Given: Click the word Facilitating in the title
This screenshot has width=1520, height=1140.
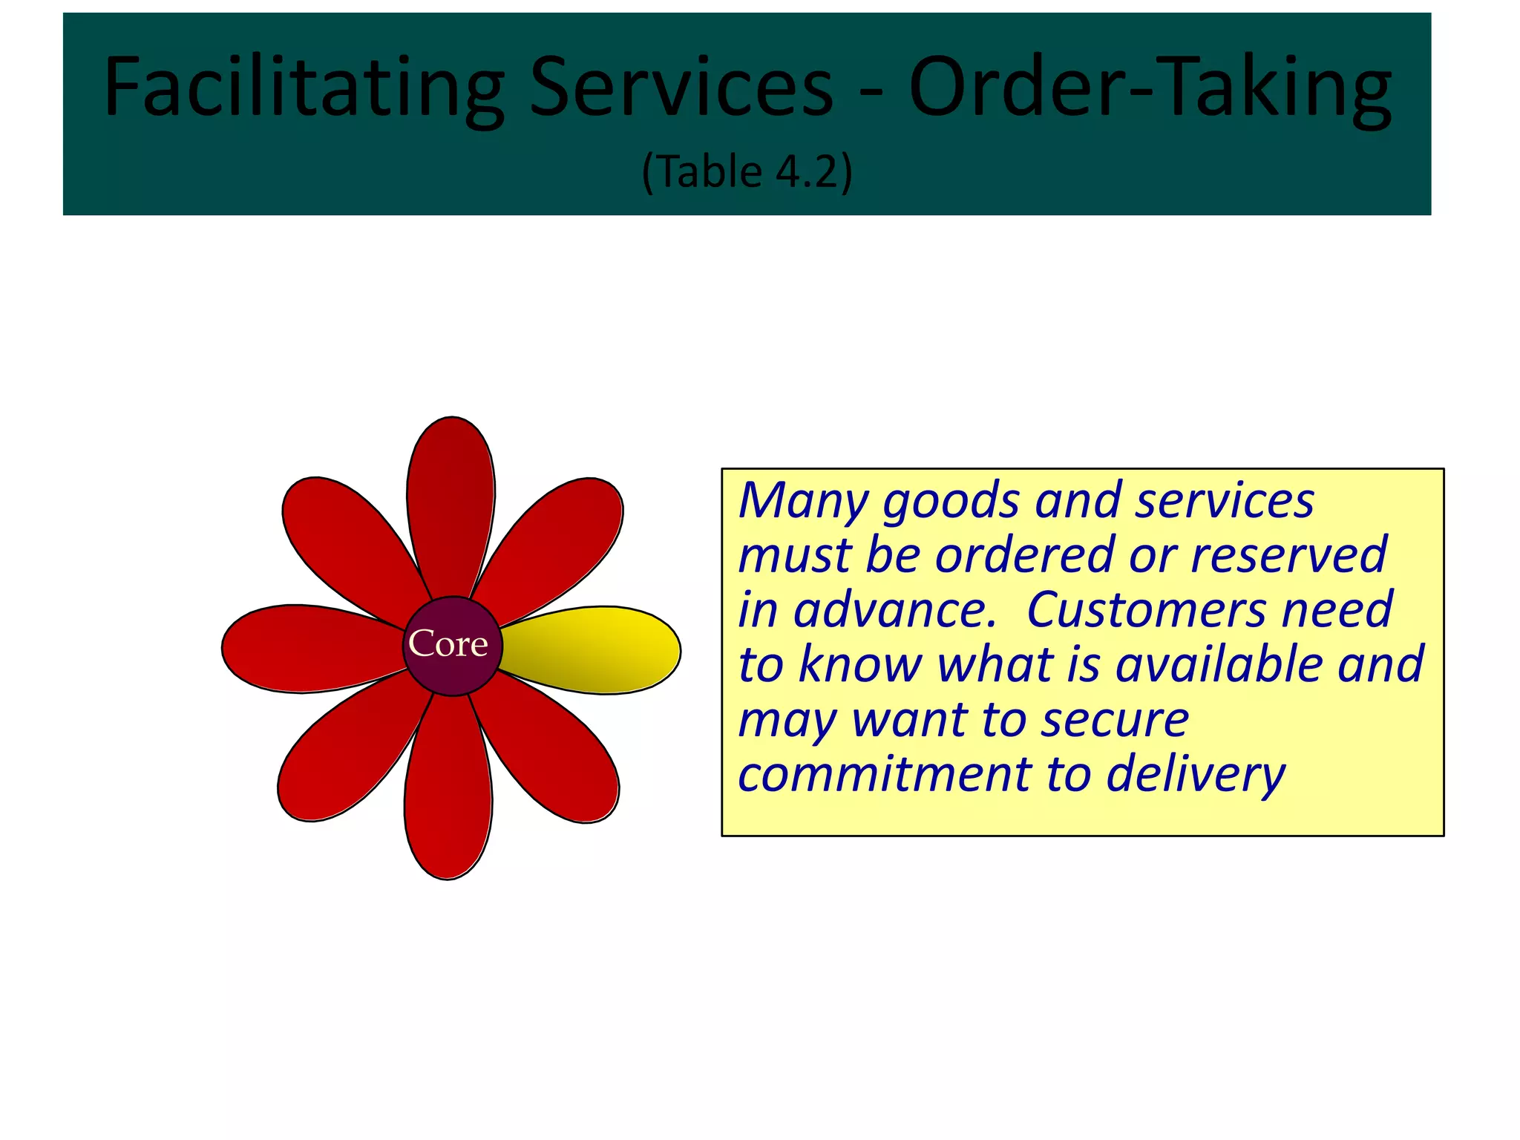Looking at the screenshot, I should [304, 88].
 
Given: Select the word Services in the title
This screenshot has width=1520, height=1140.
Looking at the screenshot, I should [681, 88].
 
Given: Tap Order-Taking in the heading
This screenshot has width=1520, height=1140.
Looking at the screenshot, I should [1150, 88].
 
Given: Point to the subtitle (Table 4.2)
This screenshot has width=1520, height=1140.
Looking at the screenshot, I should [747, 171].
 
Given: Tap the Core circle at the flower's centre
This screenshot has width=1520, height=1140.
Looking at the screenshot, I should [452, 645].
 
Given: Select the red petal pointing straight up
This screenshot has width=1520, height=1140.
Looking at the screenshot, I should [451, 497].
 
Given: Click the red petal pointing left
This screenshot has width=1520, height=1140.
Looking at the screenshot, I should [304, 648].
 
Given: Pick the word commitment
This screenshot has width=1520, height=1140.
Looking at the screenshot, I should [884, 774].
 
